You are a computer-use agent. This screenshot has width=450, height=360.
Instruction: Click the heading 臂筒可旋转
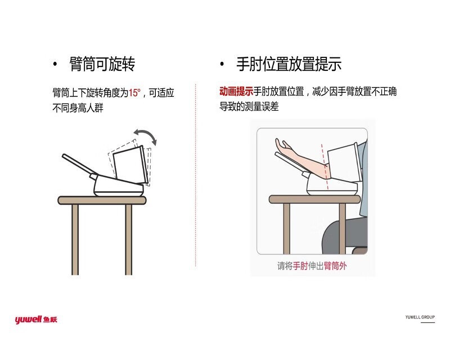click(102, 64)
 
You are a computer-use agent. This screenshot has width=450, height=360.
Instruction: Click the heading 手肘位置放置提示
click(289, 64)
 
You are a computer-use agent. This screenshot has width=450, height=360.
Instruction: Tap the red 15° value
click(134, 93)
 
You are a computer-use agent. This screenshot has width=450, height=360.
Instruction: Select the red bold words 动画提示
click(236, 91)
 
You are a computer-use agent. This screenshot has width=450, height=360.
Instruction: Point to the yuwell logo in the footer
click(36, 320)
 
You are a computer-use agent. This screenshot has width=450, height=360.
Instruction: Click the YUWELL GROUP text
click(420, 317)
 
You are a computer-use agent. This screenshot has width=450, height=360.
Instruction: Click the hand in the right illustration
click(285, 147)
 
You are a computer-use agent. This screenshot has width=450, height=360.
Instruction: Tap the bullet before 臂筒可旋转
click(55, 65)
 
